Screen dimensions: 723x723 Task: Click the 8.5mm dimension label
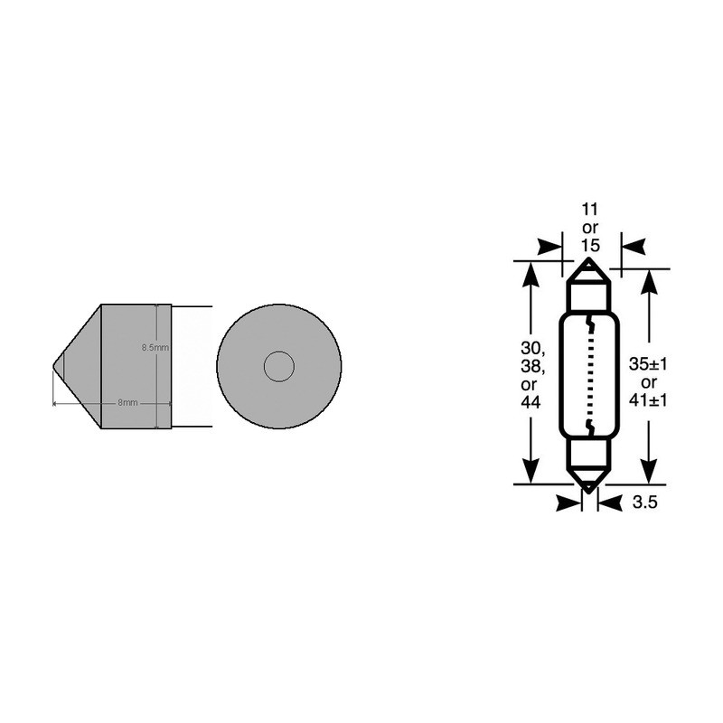tap(155, 347)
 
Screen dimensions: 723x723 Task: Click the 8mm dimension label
tap(127, 403)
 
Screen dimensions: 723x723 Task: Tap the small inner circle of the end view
tap(278, 366)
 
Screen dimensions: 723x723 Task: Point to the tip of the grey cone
tap(55, 366)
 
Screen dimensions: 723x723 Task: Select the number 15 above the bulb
tap(588, 246)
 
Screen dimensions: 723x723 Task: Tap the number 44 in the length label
tap(531, 402)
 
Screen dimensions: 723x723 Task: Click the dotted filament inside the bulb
tap(588, 375)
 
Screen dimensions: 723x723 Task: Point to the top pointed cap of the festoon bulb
tap(588, 268)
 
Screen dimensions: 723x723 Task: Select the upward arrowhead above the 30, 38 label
tap(531, 276)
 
